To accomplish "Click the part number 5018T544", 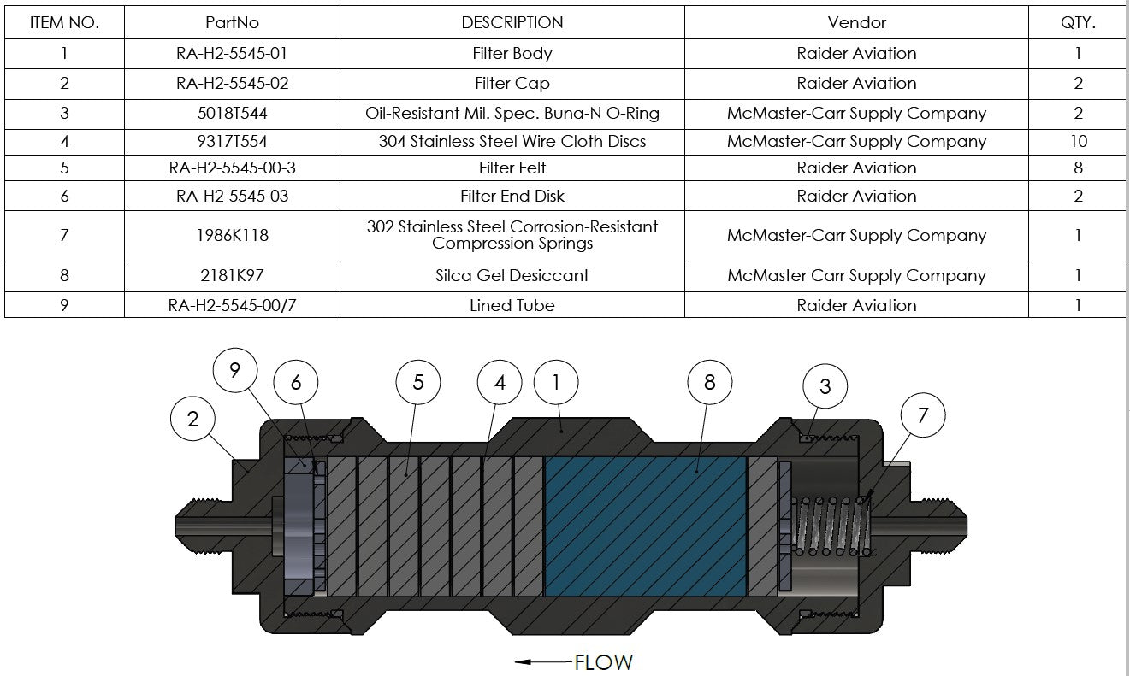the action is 232,113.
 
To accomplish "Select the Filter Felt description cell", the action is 512,168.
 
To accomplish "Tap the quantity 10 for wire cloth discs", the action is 1079,141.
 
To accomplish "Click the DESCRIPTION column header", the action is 512,22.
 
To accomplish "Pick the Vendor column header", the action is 856,22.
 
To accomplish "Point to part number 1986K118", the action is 232,235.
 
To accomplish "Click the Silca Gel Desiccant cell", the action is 512,275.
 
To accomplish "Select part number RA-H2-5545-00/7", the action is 232,305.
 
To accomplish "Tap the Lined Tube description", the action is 512,305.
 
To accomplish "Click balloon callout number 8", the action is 709,382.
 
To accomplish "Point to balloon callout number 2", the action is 192,419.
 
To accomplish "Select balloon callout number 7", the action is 923,415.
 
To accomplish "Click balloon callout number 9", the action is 235,370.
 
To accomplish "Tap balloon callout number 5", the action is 417,382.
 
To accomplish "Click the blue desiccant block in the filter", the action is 646,526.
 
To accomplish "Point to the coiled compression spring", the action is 830,526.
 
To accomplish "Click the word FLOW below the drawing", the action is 603,662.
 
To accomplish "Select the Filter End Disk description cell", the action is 512,196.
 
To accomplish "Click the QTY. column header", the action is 1078,22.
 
